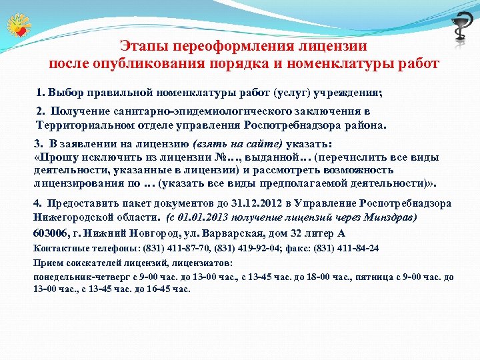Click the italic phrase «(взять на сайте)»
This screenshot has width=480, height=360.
238,143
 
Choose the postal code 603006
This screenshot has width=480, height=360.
51,233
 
